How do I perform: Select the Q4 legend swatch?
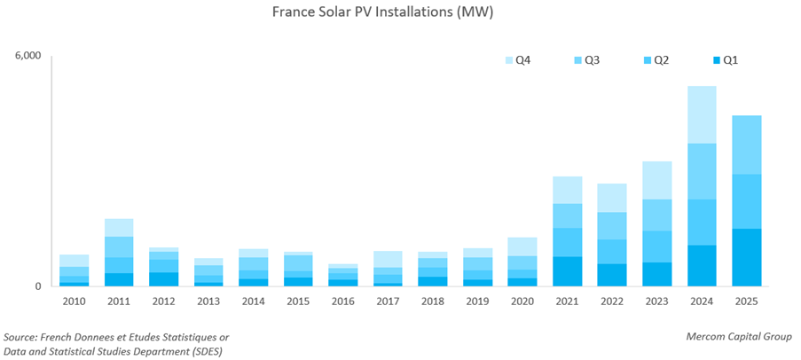[510, 60]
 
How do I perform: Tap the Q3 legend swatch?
[577, 60]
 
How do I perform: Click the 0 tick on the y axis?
[38, 286]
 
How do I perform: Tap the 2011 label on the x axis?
[119, 301]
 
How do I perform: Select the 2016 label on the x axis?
[343, 301]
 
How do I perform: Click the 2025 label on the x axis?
[746, 301]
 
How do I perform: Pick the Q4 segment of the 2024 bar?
[702, 114]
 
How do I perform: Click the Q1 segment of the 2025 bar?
[746, 257]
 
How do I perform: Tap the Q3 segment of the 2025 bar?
[746, 145]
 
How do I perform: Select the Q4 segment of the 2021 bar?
[568, 190]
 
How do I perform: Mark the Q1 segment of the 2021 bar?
[568, 271]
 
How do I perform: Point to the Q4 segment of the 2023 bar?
[656, 180]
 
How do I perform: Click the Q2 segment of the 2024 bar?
[702, 222]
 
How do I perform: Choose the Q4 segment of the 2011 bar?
[119, 227]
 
